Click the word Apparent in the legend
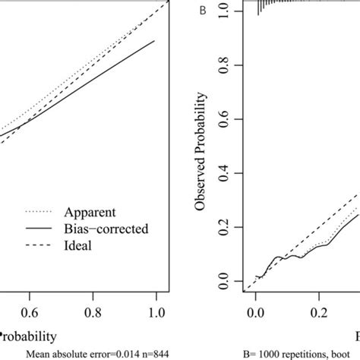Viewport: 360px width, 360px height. pos(89,213)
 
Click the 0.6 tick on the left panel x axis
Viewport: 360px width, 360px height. pos(30,311)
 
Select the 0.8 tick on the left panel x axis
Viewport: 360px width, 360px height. pos(93,311)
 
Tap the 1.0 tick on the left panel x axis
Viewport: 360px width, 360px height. pos(156,311)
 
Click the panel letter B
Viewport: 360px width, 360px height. pos(201,11)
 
